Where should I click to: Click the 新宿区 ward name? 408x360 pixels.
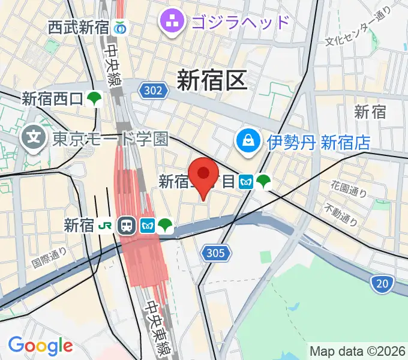tap(212, 80)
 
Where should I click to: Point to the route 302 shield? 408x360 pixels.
tap(152, 91)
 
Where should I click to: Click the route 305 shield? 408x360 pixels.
tap(214, 253)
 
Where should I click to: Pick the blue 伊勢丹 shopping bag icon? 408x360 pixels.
tap(247, 142)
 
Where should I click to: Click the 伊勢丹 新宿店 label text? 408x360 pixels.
tap(310, 142)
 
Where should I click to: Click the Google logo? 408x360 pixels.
tap(40, 345)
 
